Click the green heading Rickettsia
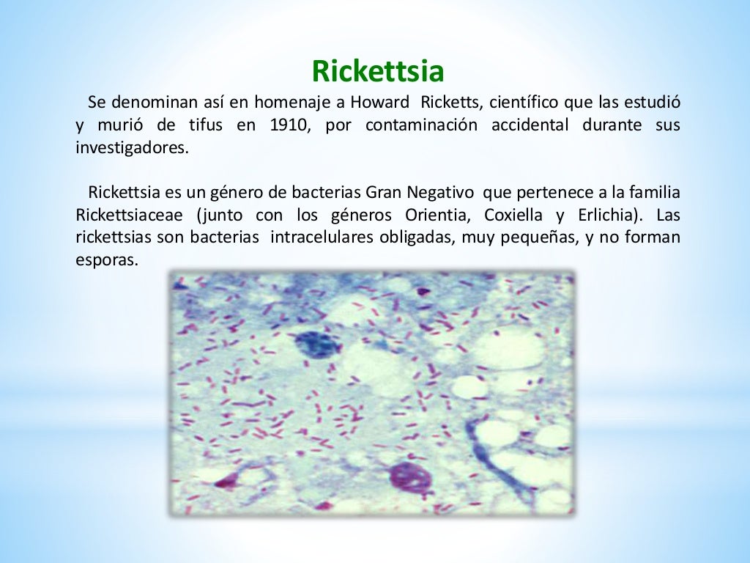pos(378,71)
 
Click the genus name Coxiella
pos(514,216)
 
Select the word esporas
pos(106,261)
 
